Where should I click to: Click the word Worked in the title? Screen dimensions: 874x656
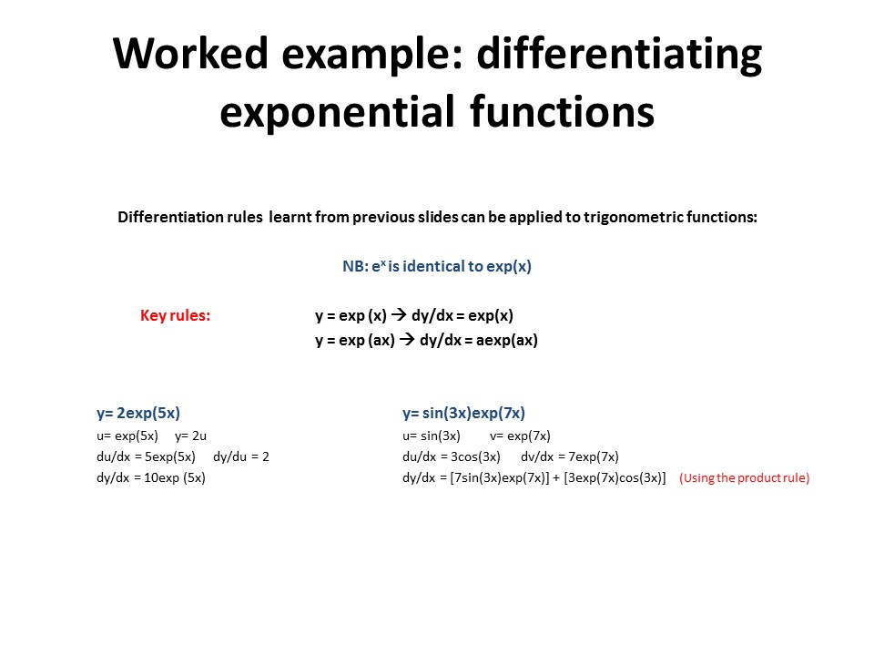190,53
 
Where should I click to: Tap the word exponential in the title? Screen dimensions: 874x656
337,111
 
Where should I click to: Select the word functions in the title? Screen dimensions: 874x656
562,111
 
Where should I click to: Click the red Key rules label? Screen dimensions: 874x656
175,315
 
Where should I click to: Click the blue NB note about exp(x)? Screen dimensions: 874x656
437,266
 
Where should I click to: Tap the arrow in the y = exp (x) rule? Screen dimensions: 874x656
399,314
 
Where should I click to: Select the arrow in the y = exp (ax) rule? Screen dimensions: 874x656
407,339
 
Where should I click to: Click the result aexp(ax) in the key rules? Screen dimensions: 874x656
507,340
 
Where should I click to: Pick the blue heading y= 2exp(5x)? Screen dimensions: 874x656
138,414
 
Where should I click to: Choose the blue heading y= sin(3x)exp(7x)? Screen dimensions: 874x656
463,414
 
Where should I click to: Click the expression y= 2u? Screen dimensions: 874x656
190,436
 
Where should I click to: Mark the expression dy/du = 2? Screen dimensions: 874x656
240,456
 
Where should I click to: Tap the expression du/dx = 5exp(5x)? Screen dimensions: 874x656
146,456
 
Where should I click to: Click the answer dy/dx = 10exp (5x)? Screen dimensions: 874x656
151,478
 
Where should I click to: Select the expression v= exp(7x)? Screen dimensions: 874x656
520,436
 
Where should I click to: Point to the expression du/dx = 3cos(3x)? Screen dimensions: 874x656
452,456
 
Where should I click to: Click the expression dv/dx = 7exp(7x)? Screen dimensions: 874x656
570,456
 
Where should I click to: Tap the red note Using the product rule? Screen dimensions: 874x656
744,478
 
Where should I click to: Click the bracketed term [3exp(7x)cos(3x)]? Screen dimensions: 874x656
615,478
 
